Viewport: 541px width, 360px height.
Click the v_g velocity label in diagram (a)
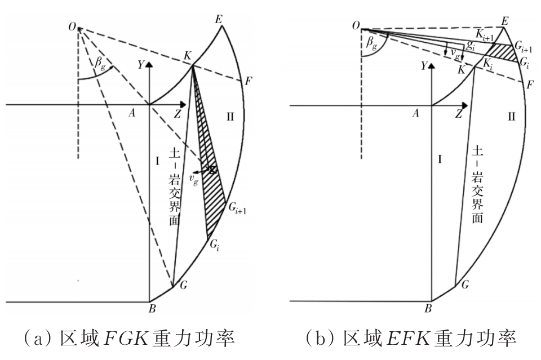pyautogui.click(x=193, y=181)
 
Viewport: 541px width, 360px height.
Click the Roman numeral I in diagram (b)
pyautogui.click(x=439, y=160)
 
